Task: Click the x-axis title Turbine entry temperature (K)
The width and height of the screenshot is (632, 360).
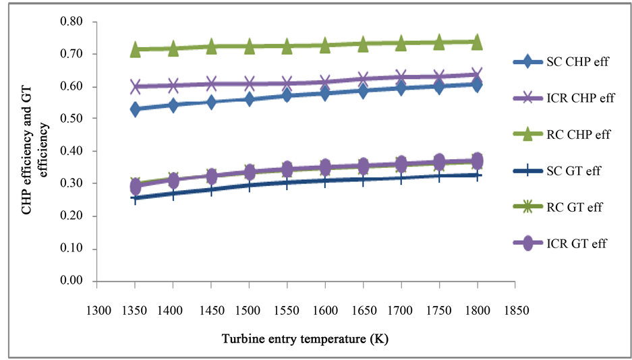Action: (305, 338)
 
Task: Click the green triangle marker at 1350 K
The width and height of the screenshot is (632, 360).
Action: (136, 49)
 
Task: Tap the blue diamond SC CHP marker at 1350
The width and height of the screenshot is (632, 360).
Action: (136, 109)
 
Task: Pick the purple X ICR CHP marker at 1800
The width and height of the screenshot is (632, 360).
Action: (477, 75)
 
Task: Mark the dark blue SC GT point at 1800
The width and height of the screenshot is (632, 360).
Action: (477, 175)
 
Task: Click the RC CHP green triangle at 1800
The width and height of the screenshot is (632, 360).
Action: (477, 42)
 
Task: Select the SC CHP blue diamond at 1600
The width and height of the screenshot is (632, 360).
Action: (325, 93)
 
